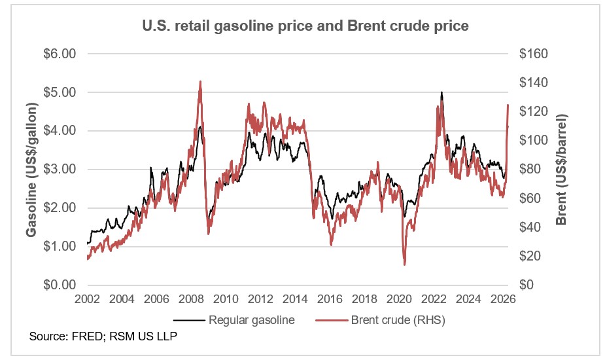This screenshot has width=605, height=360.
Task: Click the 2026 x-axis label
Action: coord(504,299)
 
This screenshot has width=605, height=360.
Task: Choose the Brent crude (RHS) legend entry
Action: coord(385,320)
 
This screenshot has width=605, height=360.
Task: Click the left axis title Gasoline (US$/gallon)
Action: coord(31,169)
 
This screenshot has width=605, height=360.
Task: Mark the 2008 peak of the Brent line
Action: coord(199,82)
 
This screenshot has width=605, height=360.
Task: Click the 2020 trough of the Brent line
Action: coord(404,264)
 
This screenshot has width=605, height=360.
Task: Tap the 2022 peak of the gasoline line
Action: coord(441,93)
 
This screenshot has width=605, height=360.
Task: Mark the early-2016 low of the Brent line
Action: coord(331,244)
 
